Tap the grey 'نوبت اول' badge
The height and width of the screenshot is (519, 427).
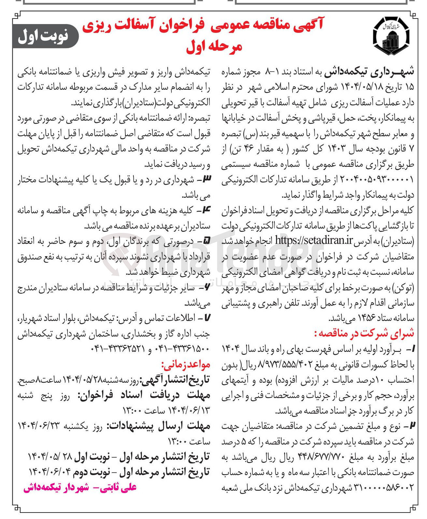[45, 36]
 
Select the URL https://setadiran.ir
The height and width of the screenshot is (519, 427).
[314, 241]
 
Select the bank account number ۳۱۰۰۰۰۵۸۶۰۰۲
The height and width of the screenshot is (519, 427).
[383, 488]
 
